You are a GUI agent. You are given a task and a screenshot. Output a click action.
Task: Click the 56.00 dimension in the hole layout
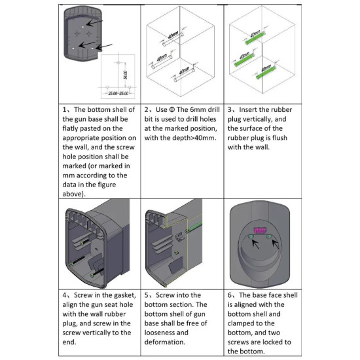point(126,75)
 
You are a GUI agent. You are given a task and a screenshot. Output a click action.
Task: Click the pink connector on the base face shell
point(260,230)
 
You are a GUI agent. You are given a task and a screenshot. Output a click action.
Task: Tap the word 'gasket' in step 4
point(123,295)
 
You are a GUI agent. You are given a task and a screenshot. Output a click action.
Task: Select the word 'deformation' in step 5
point(164,342)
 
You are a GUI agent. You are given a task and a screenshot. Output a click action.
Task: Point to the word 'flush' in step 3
point(279,137)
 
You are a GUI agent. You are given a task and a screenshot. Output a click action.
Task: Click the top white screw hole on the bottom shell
point(83,27)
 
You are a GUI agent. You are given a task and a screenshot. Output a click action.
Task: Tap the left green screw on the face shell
point(251,236)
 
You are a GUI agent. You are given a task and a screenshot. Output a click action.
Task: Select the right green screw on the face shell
point(268,236)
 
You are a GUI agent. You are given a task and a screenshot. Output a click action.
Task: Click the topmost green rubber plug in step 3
point(255,38)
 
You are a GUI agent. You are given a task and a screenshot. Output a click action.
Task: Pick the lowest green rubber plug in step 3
point(266,72)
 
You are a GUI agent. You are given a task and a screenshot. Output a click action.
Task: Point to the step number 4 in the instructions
point(65,295)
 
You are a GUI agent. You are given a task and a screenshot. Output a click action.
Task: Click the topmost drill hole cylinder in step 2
point(173,39)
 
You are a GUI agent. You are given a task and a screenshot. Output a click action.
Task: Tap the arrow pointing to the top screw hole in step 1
point(95,23)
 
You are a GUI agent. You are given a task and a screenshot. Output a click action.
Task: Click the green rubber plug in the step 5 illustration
point(194,226)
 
